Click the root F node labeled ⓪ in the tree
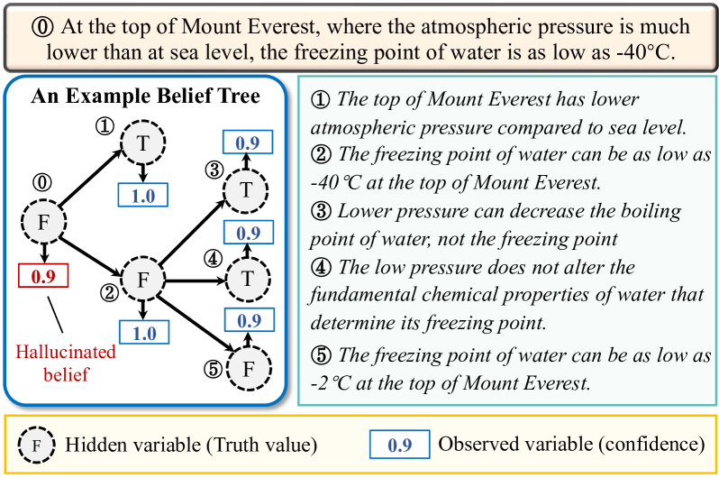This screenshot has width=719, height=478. click(42, 220)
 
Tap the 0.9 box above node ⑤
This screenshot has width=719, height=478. click(244, 320)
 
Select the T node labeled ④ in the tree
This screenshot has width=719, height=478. click(246, 280)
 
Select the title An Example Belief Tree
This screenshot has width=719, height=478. click(145, 97)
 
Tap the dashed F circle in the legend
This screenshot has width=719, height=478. click(36, 444)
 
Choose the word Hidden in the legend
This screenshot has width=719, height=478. click(90, 444)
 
